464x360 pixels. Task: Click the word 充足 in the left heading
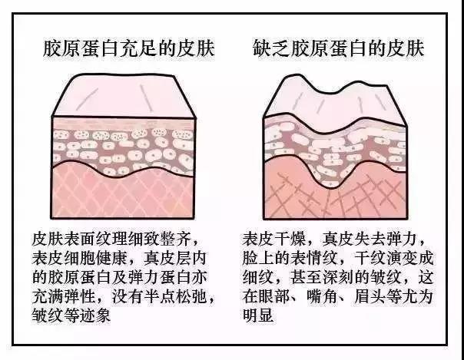pyautogui.click(x=138, y=48)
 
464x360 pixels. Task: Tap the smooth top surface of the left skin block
pyautogui.click(x=124, y=95)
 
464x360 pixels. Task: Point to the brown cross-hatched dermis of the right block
pyautogui.click(x=335, y=192)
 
